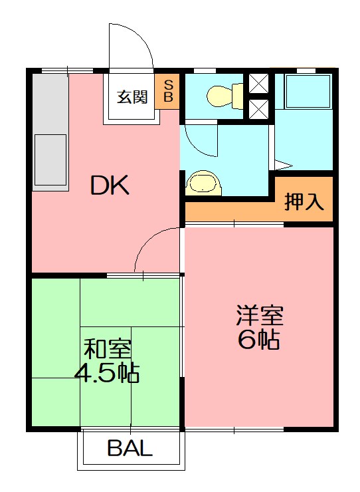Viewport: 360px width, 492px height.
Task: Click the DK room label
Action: pyautogui.click(x=110, y=186)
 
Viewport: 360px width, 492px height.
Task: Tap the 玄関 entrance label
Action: pyautogui.click(x=132, y=97)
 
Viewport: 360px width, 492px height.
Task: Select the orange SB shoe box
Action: pyautogui.click(x=168, y=91)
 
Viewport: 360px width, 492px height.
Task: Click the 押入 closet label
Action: pyautogui.click(x=304, y=201)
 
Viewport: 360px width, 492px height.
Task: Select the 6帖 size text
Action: pyautogui.click(x=258, y=340)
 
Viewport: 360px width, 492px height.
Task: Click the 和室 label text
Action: pyautogui.click(x=106, y=348)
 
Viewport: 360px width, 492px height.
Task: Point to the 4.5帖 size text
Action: pyautogui.click(x=106, y=373)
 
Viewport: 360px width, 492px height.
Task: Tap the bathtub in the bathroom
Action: pyautogui.click(x=307, y=92)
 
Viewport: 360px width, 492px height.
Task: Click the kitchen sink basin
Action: pyautogui.click(x=50, y=159)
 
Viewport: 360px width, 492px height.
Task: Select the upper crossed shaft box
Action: pyautogui.click(x=258, y=84)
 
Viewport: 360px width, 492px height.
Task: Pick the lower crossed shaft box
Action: pyautogui.click(x=258, y=108)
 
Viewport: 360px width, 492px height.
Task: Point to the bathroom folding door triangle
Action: pyautogui.click(x=283, y=164)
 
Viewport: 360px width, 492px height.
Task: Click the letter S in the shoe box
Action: pyautogui.click(x=168, y=84)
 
